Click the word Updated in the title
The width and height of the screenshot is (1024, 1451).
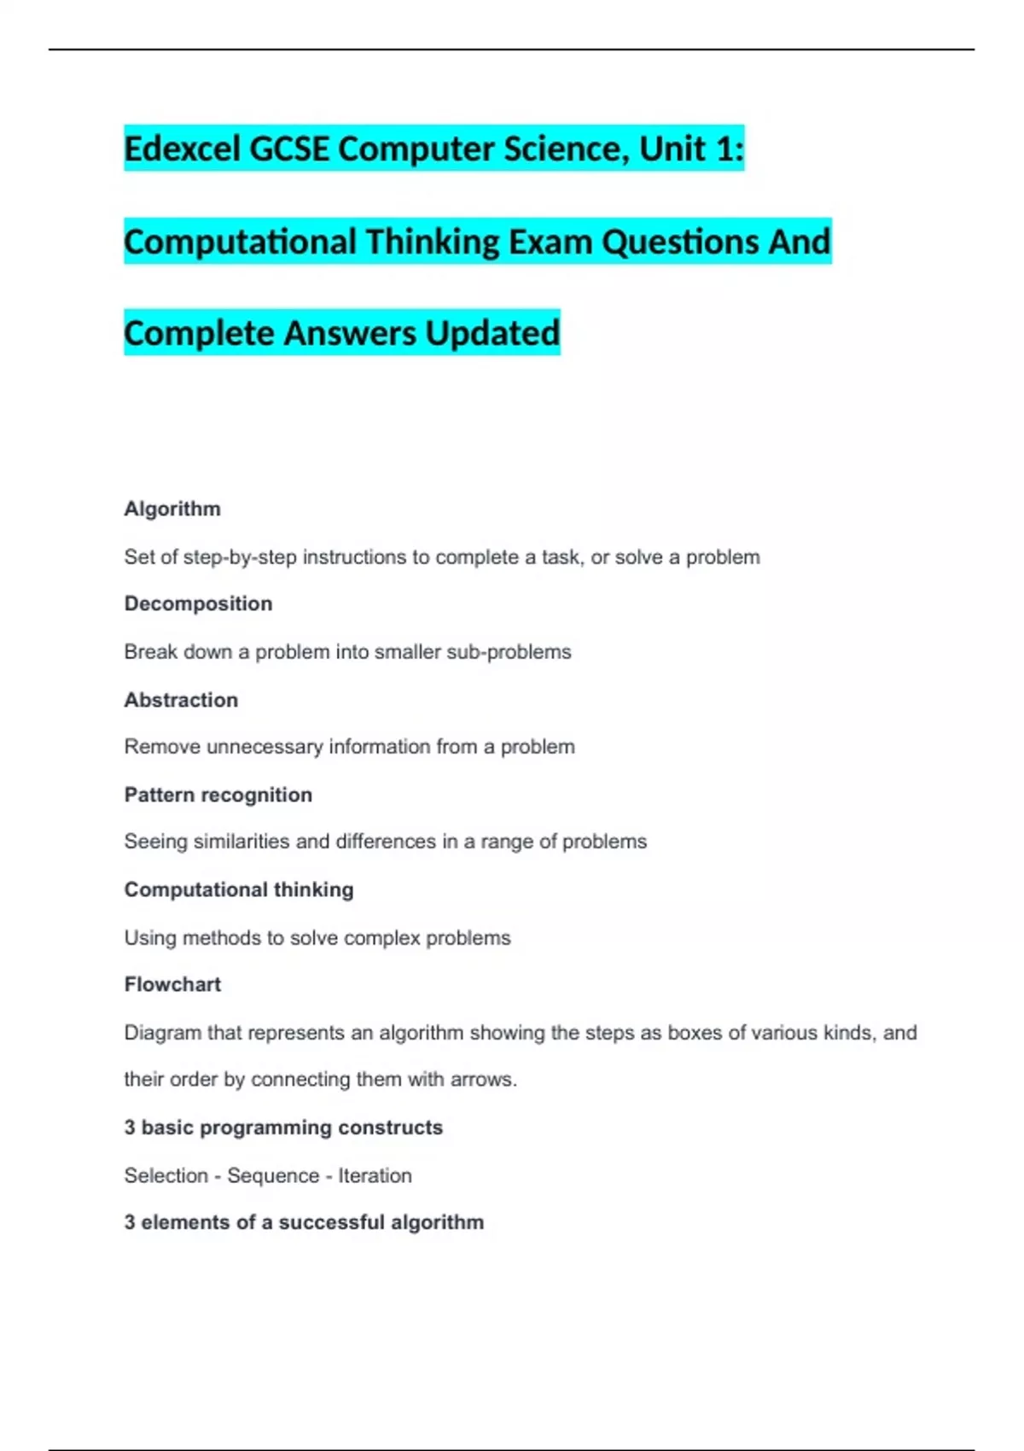492,334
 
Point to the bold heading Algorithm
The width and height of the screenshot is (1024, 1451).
172,509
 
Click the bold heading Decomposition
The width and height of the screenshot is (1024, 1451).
198,603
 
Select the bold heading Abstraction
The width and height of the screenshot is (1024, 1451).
181,700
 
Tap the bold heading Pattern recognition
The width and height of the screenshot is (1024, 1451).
218,795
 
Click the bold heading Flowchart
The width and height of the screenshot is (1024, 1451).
172,984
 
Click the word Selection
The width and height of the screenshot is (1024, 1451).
166,1175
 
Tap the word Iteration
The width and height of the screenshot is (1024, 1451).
375,1175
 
